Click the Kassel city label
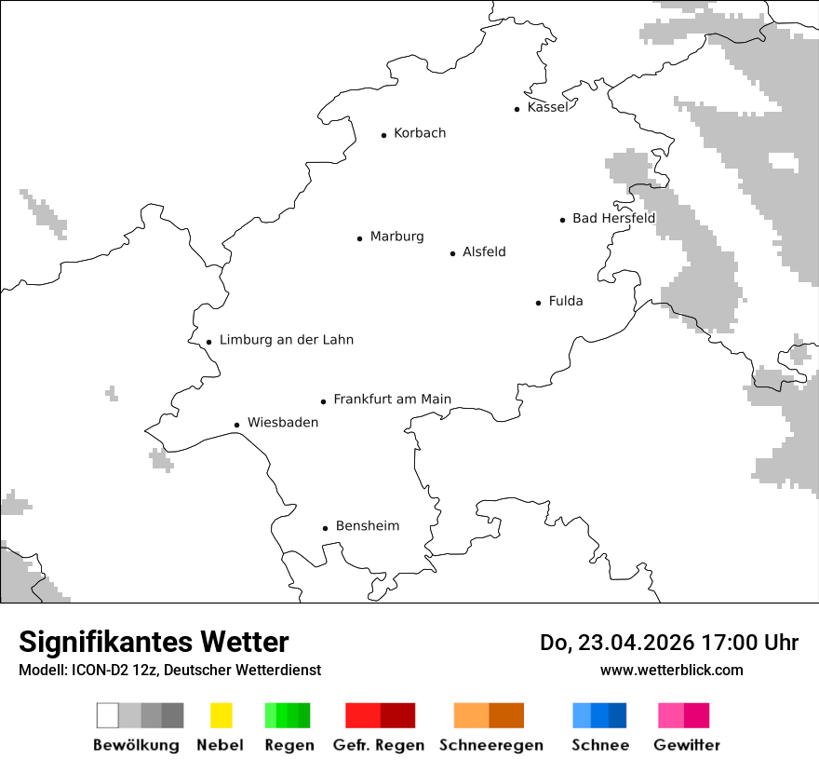(547, 107)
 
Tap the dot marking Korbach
(383, 135)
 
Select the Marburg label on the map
(396, 237)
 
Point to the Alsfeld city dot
(453, 253)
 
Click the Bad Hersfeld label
(613, 218)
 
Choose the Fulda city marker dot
(538, 303)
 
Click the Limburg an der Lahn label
(286, 340)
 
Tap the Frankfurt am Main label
(392, 400)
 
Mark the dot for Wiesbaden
(236, 425)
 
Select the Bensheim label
(367, 526)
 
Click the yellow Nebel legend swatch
(221, 715)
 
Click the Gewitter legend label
(686, 745)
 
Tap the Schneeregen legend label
(490, 745)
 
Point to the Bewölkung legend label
(136, 745)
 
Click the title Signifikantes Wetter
(154, 643)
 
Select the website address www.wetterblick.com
(671, 671)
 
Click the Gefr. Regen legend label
(378, 745)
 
